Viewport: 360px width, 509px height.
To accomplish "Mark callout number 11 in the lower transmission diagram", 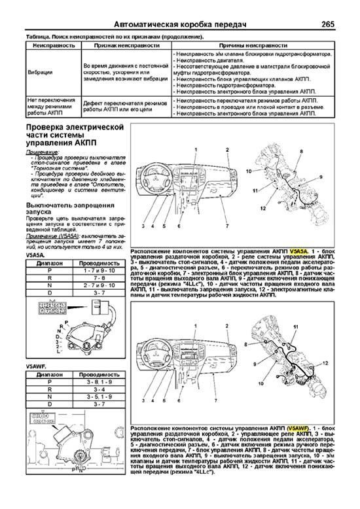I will point(295,325).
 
